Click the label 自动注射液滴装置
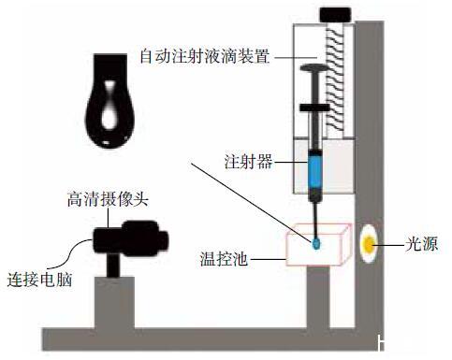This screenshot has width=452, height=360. pos(205,56)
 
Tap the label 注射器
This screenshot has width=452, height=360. pos(248,162)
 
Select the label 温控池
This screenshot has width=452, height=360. pos(224,259)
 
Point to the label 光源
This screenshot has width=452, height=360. pos(421,243)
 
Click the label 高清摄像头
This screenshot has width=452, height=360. pos(108,199)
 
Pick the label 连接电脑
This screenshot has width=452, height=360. pos(39,280)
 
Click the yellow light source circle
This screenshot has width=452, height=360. pos(370,244)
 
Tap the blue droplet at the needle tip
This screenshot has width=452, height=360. pos(316,243)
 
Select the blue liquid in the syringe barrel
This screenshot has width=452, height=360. pos(315,169)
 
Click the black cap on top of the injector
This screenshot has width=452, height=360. pos(336,15)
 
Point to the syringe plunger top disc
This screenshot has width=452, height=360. pos(314,67)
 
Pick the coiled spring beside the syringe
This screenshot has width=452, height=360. pos(335,79)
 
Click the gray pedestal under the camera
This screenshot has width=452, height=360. pos(115,302)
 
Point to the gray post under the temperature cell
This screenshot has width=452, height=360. pos(318,297)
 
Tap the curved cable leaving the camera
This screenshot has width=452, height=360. pos(71,255)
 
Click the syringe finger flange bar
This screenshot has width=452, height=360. pos(314,108)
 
